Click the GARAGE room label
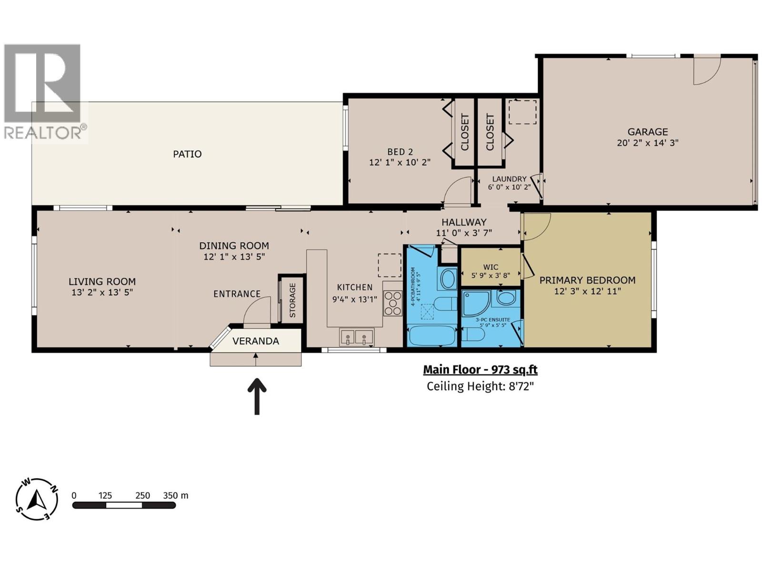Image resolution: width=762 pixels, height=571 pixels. coord(647,132)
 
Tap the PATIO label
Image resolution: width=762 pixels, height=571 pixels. coord(187,154)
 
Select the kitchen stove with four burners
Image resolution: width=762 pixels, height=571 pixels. coord(393,303)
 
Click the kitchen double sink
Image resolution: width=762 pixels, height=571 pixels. coord(356,337)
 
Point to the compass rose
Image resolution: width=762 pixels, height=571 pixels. coord(37,500)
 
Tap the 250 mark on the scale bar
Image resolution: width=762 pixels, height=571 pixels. coord(142,495)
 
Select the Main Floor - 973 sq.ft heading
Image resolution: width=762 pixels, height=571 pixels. coord(480,370)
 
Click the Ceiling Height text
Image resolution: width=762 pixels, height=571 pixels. coord(480,386)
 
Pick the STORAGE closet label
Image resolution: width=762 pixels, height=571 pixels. coord(292,300)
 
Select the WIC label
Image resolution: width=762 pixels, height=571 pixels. coord(491,267)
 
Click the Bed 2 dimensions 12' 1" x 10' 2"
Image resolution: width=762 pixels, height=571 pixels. coord(400,162)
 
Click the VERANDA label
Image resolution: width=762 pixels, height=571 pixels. coord(255,341)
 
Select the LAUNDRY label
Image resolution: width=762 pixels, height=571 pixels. coord(509,179)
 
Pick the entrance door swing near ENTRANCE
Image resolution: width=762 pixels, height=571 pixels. coord(257,310)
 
